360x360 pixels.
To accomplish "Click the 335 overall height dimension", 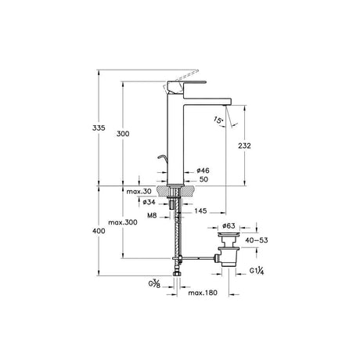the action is pos(99,128).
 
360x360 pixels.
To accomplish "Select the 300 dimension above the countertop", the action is pos(123,134).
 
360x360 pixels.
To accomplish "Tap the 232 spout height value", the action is pos(244,146).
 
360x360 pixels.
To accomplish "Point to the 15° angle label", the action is pos(218,120).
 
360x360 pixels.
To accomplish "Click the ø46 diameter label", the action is pos(203,171).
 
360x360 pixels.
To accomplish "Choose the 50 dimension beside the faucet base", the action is pos(203,179).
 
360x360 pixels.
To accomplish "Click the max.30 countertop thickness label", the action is pos(139,192).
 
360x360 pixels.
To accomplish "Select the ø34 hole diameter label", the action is pos(149,202).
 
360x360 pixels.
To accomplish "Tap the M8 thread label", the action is pos(152,215).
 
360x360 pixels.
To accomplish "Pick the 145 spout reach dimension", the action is pos(200,211).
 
